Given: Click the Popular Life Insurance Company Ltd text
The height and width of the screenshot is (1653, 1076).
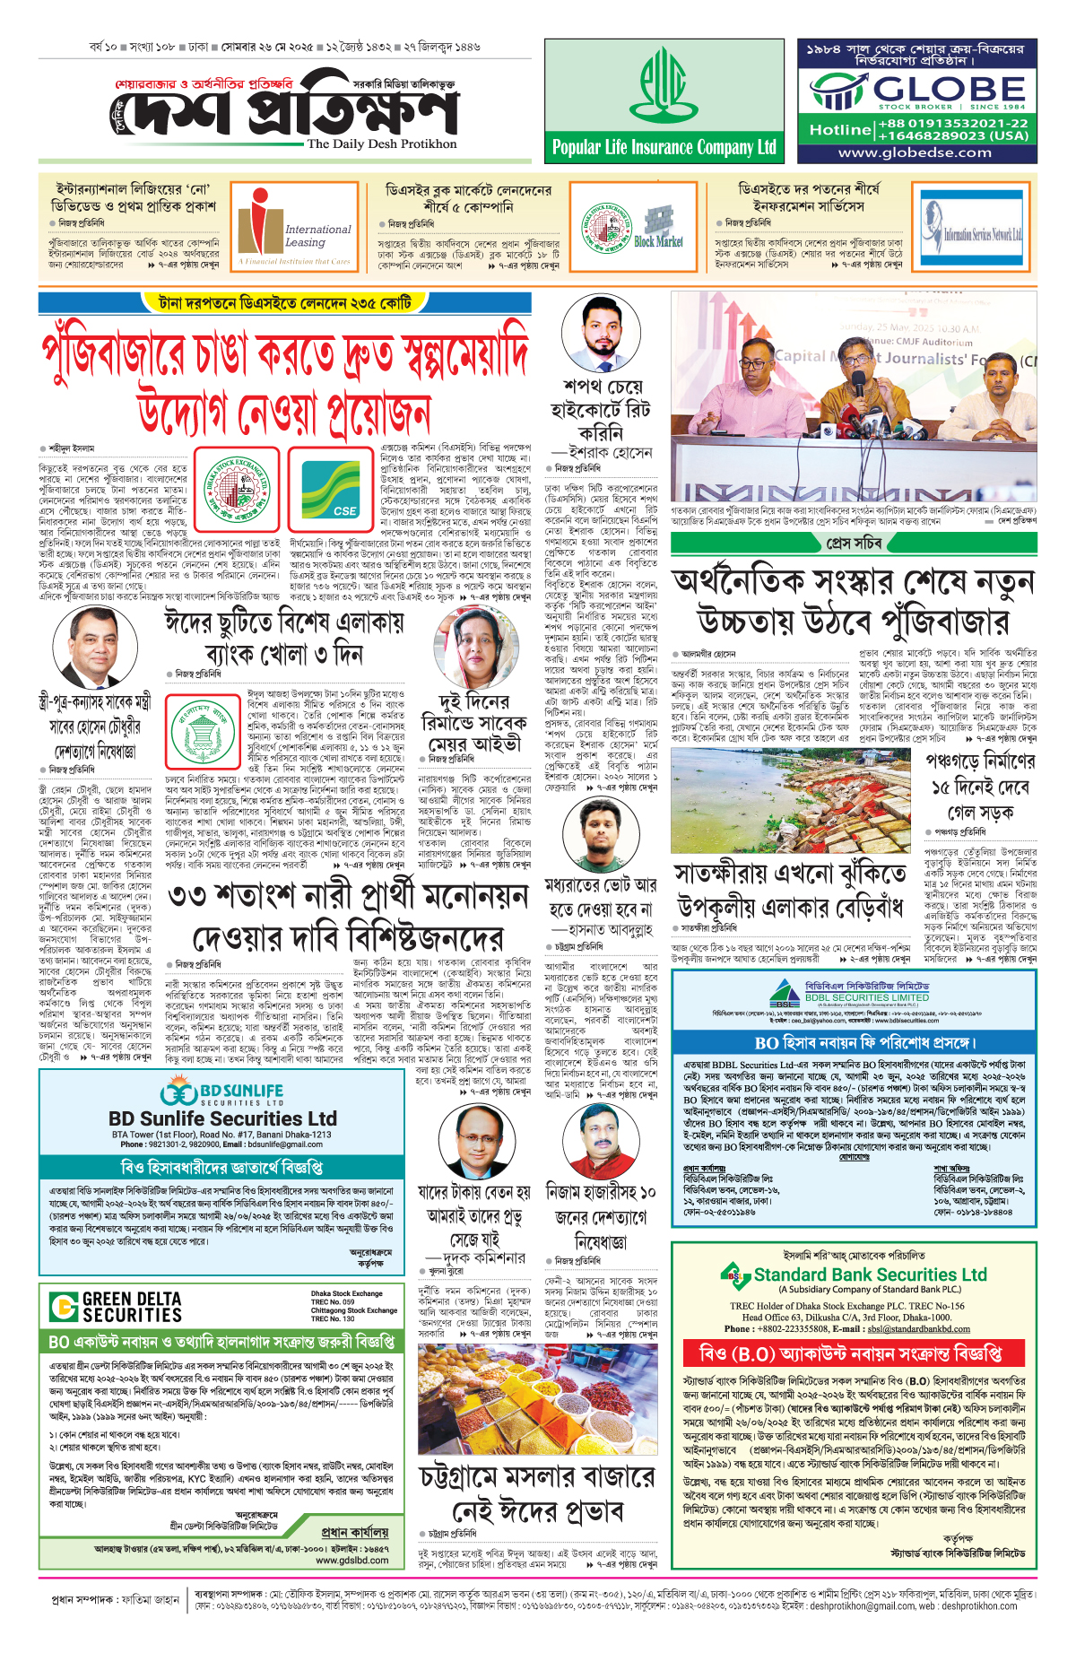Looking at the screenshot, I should coord(664,147).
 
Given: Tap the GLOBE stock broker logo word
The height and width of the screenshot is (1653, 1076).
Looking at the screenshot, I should coord(950,89).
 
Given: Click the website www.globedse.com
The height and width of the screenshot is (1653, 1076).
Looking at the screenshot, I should coord(915,152).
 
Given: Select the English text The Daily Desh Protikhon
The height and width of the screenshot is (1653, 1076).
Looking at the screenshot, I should coord(382,144).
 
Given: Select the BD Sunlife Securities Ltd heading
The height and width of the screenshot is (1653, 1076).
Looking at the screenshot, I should coord(222,1118).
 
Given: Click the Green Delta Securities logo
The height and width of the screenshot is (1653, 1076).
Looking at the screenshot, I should coord(116,1307).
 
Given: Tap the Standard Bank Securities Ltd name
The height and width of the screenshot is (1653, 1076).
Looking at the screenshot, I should coord(870,1275).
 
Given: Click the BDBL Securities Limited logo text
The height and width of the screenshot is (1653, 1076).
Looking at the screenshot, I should coord(866,997).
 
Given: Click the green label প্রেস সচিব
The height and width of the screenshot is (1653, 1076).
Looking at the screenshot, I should coord(854,543).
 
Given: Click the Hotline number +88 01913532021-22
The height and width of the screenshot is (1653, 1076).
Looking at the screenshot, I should coord(952,123).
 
